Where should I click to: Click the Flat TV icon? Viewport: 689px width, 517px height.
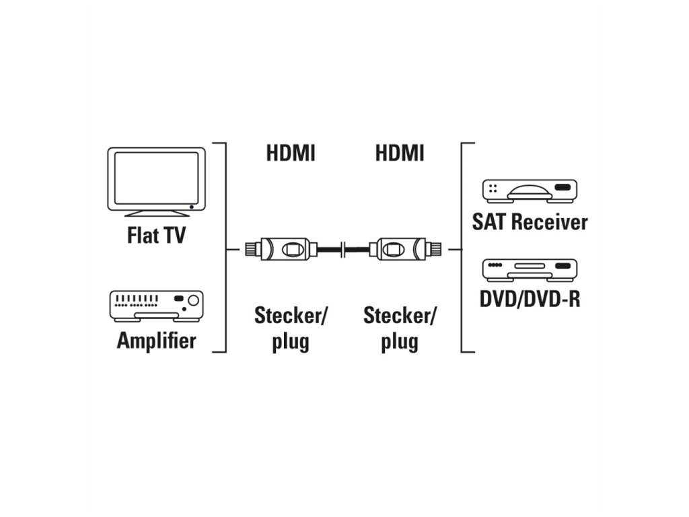click(x=156, y=180)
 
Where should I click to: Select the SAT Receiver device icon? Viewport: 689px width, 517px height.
click(x=530, y=191)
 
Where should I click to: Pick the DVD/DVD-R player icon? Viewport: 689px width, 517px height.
click(x=530, y=271)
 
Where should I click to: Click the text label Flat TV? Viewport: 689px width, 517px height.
click(x=156, y=236)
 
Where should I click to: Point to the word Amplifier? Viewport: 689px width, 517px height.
click(x=156, y=340)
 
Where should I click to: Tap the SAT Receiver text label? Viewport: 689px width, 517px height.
click(x=530, y=222)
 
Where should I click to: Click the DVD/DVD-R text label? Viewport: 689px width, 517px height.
click(x=530, y=299)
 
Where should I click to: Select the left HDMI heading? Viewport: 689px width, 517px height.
click(x=290, y=153)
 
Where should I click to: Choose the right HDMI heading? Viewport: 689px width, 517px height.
click(x=400, y=153)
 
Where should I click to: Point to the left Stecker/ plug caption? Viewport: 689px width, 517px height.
click(x=290, y=328)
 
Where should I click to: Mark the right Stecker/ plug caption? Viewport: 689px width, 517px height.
click(x=400, y=328)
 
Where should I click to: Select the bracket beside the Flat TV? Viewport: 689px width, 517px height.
click(x=224, y=248)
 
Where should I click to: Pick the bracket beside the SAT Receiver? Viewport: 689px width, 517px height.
click(x=462, y=248)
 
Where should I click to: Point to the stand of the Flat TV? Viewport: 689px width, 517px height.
click(x=155, y=213)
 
